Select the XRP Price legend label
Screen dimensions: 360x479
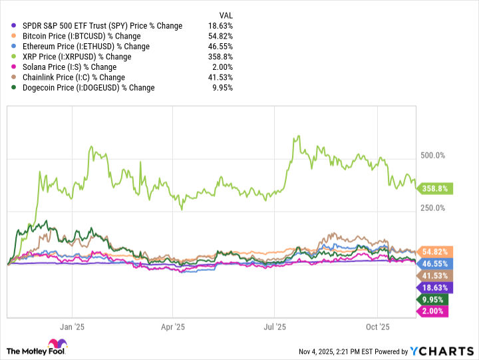click(x=77, y=57)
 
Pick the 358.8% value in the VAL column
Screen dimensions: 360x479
click(x=220, y=57)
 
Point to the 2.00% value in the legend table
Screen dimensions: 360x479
click(x=222, y=67)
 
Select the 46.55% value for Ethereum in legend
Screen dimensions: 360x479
click(x=220, y=47)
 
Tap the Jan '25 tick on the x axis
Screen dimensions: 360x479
click(x=71, y=327)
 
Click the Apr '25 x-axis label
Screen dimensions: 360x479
click(x=173, y=327)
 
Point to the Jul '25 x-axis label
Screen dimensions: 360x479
click(x=275, y=327)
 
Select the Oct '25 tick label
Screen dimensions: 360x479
click(x=377, y=327)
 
